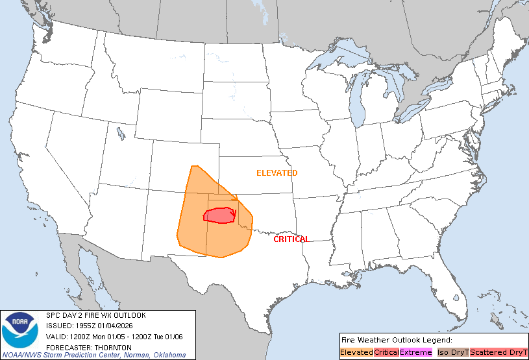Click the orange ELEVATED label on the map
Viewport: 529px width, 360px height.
click(277, 173)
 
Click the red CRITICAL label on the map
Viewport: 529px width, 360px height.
click(291, 239)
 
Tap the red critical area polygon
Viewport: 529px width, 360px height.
click(221, 215)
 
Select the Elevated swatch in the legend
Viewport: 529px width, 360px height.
click(356, 352)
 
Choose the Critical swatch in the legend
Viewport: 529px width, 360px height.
click(386, 352)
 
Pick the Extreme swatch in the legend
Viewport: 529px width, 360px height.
click(415, 352)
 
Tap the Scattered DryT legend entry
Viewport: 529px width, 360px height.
click(498, 352)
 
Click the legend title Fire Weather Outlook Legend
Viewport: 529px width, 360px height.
click(396, 340)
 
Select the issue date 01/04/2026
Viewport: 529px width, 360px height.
click(119, 326)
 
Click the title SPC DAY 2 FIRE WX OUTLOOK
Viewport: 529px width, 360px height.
click(96, 315)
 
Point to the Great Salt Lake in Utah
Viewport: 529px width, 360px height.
click(121, 134)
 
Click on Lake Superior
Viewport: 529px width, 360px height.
click(338, 60)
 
